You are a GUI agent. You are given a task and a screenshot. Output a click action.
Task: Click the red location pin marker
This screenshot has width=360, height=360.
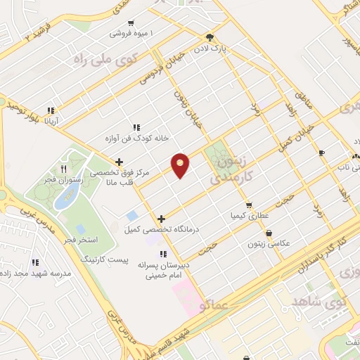[x=181, y=165]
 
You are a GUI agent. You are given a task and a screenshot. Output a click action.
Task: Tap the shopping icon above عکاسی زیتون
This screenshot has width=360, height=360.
[x=268, y=233]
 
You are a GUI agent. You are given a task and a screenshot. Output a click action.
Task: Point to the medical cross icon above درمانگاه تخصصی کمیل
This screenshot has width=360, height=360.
[x=162, y=219]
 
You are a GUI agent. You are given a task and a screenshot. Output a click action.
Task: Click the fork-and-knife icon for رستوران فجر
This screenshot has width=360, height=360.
[x=64, y=169]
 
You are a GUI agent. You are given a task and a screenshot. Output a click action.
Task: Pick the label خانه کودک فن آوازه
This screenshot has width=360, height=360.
[x=136, y=139]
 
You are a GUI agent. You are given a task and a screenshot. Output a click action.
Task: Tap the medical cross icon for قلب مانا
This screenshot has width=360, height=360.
[x=120, y=162]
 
